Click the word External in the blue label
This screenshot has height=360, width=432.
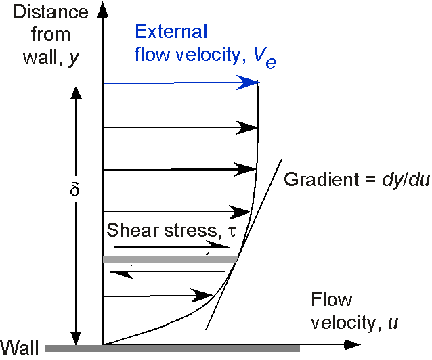(x=171, y=31)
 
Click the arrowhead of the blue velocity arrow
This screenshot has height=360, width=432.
(x=248, y=83)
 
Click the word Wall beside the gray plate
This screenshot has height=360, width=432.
(x=19, y=348)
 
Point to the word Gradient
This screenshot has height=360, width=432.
(x=322, y=179)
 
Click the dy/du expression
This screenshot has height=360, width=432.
(x=406, y=180)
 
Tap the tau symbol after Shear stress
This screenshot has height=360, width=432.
(x=232, y=231)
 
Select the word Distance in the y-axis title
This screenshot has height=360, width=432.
(x=51, y=12)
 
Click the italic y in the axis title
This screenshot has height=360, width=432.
(x=74, y=59)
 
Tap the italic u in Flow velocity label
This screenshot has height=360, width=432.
(x=393, y=323)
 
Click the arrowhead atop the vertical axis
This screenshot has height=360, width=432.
(x=102, y=9)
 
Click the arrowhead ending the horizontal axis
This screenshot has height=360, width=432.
(x=352, y=344)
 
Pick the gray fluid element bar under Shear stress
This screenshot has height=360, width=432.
(x=171, y=259)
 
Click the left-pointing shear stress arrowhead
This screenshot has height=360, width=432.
(x=121, y=274)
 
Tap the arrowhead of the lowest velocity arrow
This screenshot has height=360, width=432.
(x=201, y=296)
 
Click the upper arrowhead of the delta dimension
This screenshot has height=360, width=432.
(x=76, y=93)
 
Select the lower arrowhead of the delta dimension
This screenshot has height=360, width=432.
(x=76, y=338)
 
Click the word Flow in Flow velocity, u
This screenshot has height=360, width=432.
(x=331, y=299)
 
